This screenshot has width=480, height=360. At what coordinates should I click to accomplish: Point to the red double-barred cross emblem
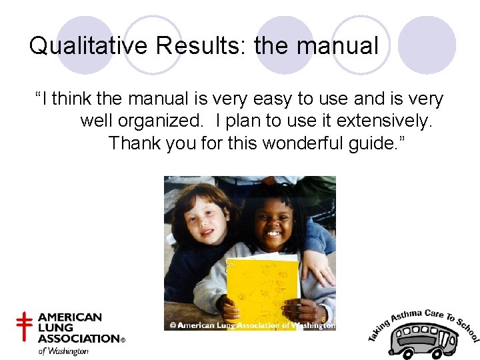(24, 327)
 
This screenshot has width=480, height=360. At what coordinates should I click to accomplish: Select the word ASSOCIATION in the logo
(78, 339)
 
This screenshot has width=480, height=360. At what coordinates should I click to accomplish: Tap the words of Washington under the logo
(63, 351)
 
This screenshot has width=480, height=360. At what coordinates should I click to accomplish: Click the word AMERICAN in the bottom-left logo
(70, 317)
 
